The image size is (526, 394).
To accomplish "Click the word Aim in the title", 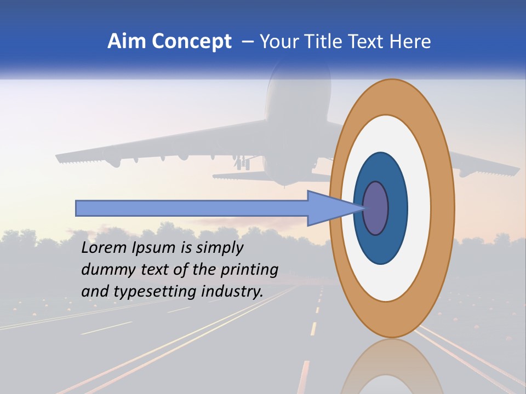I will click(127, 41).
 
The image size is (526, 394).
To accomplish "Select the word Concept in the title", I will click(191, 41).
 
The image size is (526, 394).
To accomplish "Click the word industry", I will click(231, 292).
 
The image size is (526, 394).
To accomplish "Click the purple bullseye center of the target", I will click(376, 208).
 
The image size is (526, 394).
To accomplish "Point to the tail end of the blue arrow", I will click(78, 208).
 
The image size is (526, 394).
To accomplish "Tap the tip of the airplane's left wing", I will click(58, 158).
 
